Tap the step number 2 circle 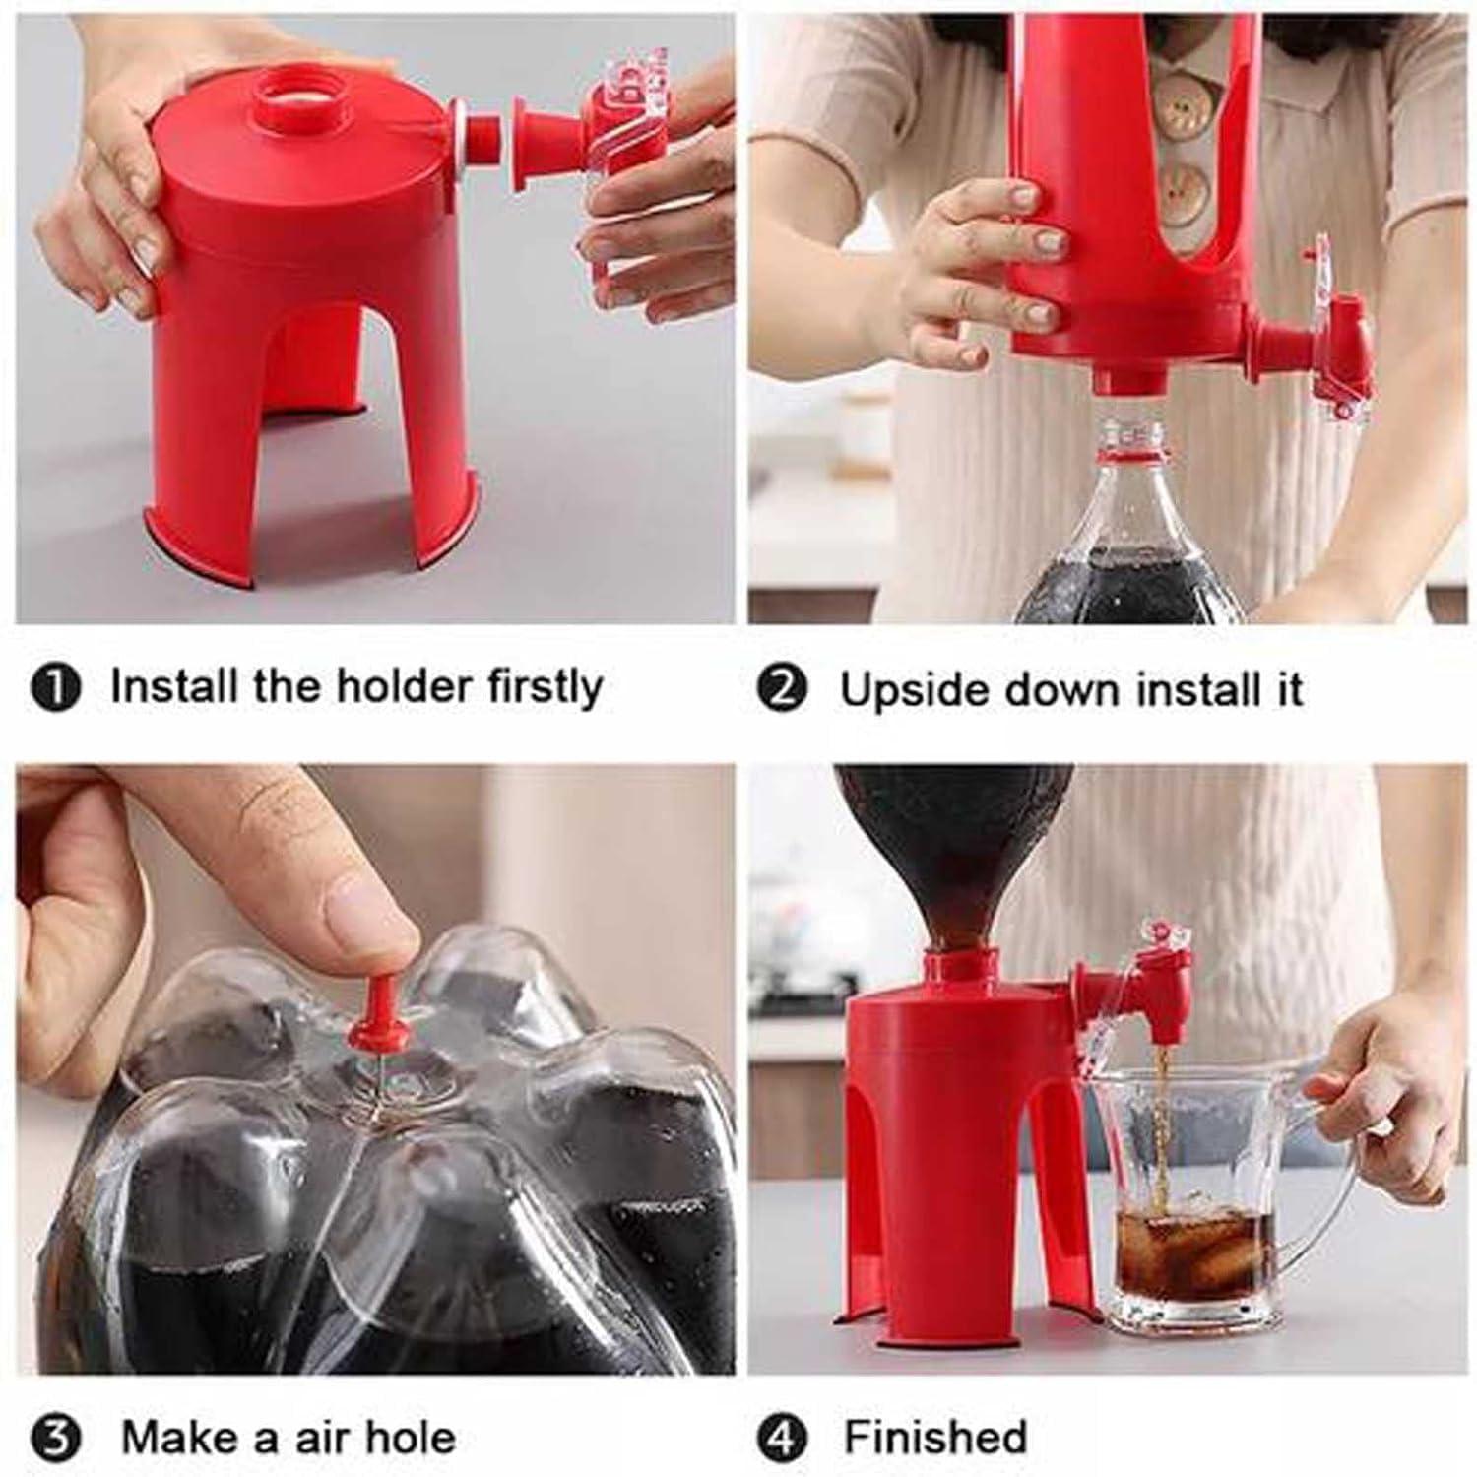point(783,690)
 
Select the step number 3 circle point(61,1439)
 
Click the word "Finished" point(935,1438)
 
